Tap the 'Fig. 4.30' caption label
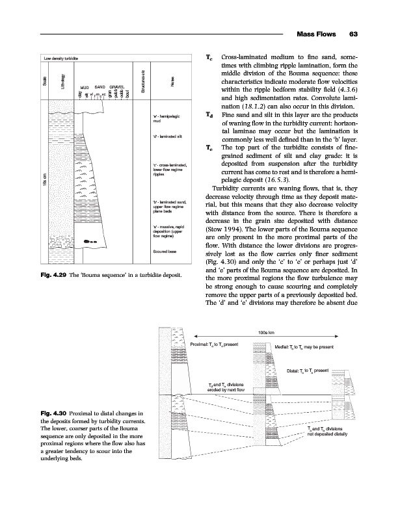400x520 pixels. tap(55, 414)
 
